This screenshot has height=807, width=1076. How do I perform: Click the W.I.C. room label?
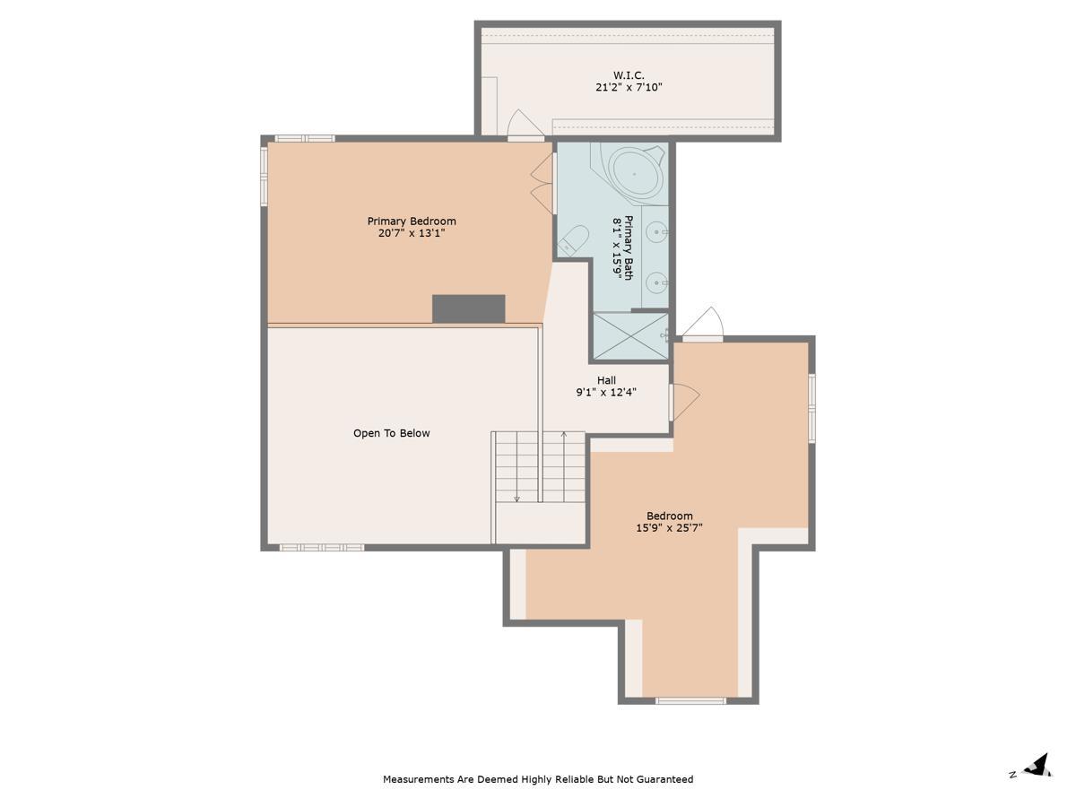point(629,75)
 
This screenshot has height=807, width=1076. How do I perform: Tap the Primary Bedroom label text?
point(412,221)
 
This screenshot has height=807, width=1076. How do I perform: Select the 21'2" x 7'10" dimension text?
point(629,88)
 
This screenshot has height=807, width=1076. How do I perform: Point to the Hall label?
point(606,380)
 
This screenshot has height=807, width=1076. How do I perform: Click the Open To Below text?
point(391,433)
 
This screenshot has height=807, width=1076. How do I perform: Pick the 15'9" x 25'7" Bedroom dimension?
point(669,528)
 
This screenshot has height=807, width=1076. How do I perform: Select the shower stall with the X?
point(631,336)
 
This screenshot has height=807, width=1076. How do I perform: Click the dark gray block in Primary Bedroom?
point(468,308)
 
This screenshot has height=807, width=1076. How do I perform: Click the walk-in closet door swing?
point(525,125)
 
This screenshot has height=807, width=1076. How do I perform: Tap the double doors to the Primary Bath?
point(543,184)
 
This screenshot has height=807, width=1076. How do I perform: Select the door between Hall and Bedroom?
point(684,402)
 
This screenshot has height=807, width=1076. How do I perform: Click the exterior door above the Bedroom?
point(703,324)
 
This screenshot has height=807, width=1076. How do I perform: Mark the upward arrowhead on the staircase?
point(564,434)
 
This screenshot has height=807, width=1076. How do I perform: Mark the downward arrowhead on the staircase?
point(516,499)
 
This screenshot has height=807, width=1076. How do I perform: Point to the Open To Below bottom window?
point(322,547)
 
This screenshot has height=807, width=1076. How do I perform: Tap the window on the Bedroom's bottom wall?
point(690,701)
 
